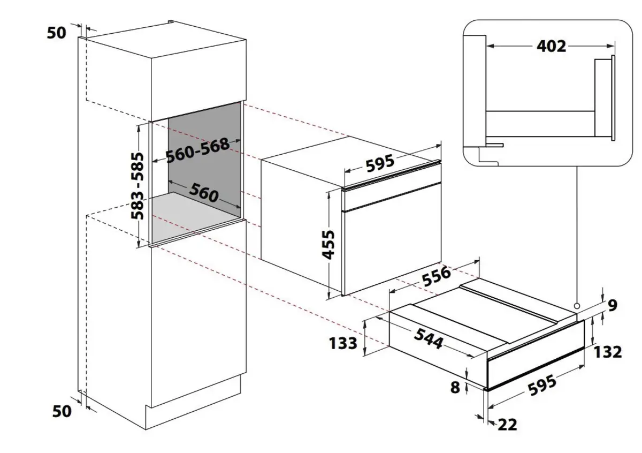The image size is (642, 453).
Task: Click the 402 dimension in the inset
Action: pos(551,46)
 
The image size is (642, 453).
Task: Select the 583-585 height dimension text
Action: pos(137,186)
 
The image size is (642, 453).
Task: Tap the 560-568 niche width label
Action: pos(198,150)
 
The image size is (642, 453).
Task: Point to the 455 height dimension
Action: pos(328,244)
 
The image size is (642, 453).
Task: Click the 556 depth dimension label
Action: pos(437,276)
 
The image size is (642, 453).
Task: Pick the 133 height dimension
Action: pos(343,343)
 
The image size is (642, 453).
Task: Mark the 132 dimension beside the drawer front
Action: pos(608,352)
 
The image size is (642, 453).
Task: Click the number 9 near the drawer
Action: pos(613,306)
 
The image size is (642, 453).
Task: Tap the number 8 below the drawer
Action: pos(455,387)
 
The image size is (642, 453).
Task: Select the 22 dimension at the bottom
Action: pos(507,425)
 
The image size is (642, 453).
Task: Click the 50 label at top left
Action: pos(57,33)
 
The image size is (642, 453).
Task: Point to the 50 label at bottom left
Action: pos(62,411)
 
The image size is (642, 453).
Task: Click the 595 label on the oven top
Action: pos(380,163)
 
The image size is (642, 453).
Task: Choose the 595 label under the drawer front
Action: pos(542,386)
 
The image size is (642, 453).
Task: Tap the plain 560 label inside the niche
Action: pos(204,193)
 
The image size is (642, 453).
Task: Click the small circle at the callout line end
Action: pos(577,306)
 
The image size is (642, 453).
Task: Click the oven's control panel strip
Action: pos(392,197)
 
